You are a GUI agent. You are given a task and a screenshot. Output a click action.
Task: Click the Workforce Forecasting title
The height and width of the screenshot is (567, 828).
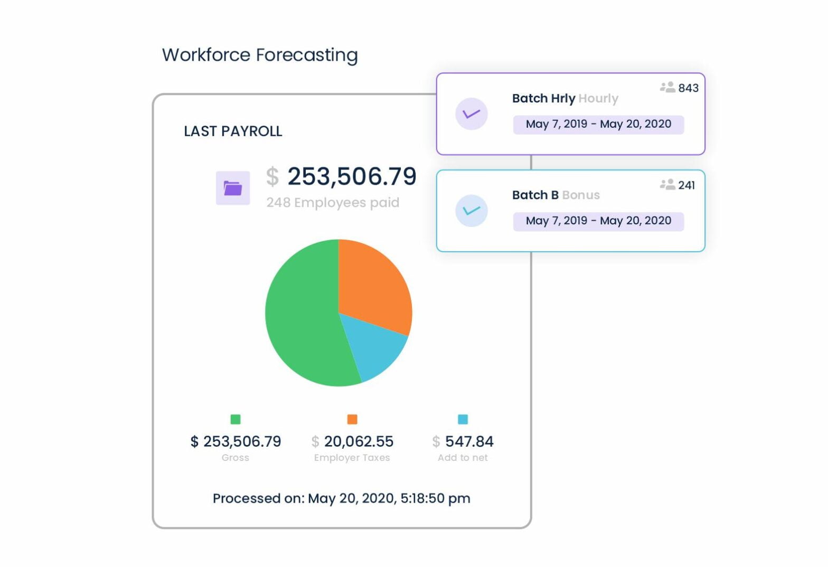[260, 55]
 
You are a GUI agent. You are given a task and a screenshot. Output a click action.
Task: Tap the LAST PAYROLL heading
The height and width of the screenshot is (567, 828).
[233, 131]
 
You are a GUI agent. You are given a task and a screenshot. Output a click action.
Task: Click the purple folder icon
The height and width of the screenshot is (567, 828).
[233, 188]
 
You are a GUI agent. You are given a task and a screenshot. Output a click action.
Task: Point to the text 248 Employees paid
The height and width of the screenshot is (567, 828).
[333, 203]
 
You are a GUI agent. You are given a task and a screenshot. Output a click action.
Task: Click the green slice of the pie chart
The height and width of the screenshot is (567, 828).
[301, 317]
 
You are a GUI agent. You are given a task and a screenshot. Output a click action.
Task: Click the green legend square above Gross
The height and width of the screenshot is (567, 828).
[236, 419]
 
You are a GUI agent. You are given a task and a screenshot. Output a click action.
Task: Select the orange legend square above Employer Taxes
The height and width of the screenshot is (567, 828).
[352, 419]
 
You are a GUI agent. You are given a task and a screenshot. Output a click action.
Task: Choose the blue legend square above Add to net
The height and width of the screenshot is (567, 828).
[463, 419]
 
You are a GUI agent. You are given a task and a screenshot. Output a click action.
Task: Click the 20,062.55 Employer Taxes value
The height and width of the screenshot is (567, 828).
[359, 441]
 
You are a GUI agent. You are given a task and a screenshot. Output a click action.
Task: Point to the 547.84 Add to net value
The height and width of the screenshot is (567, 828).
[469, 441]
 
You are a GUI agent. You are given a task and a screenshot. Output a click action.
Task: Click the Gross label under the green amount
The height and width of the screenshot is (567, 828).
[236, 458]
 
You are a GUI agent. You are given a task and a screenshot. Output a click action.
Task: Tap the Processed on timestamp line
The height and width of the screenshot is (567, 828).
[342, 498]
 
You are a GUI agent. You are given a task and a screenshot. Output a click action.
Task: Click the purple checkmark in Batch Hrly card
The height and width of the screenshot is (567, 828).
[471, 114]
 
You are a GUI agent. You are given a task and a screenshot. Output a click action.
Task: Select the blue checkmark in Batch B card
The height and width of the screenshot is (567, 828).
[471, 211]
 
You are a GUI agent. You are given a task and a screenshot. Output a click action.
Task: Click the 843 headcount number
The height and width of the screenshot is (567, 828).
[688, 88]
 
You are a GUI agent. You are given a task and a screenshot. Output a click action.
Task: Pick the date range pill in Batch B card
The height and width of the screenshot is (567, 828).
[598, 221]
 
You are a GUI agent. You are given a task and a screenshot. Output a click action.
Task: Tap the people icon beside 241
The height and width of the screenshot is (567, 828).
[667, 184]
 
